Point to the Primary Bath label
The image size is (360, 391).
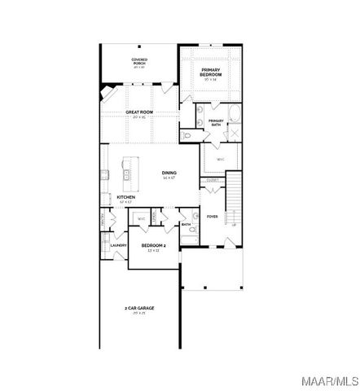(x=216, y=122)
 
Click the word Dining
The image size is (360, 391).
(x=169, y=173)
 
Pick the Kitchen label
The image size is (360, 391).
(x=125, y=197)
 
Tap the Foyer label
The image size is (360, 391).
(x=213, y=216)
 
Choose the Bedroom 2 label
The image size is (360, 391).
(x=153, y=245)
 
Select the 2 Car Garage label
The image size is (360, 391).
(x=139, y=308)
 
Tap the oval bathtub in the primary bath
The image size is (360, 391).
(x=232, y=113)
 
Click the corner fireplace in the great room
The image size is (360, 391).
(x=107, y=93)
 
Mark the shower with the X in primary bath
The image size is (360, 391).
(x=234, y=134)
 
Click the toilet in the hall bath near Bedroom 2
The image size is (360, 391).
(x=192, y=232)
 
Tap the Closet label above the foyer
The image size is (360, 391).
(x=213, y=179)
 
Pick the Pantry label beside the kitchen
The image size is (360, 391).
(x=103, y=220)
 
